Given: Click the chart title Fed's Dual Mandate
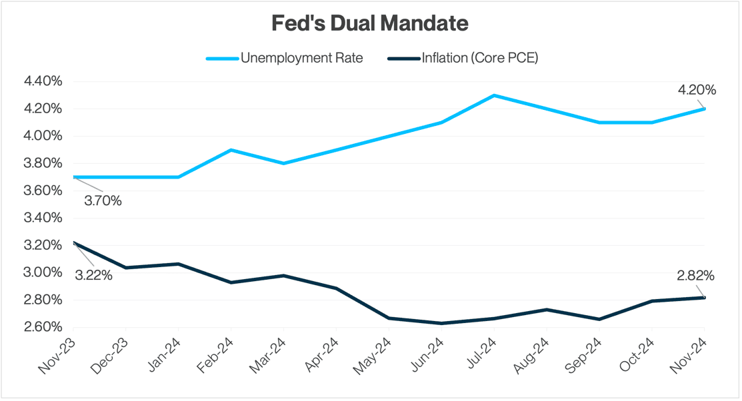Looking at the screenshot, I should (x=370, y=23).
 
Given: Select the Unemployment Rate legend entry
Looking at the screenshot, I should (x=301, y=58).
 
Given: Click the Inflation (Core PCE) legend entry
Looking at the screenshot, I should (x=479, y=58).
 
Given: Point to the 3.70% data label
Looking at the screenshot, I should (x=103, y=200).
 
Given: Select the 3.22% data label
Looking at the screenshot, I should (x=93, y=274).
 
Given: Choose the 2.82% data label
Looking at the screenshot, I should (x=695, y=276).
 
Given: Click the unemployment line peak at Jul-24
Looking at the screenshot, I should (x=493, y=95).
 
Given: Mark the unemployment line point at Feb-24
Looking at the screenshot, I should (x=231, y=150).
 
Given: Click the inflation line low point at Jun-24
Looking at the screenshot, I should (x=441, y=323).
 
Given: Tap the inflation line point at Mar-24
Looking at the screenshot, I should (x=283, y=275).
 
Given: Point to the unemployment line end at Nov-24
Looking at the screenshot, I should (x=704, y=109).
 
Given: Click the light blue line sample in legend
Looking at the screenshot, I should (x=222, y=59).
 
